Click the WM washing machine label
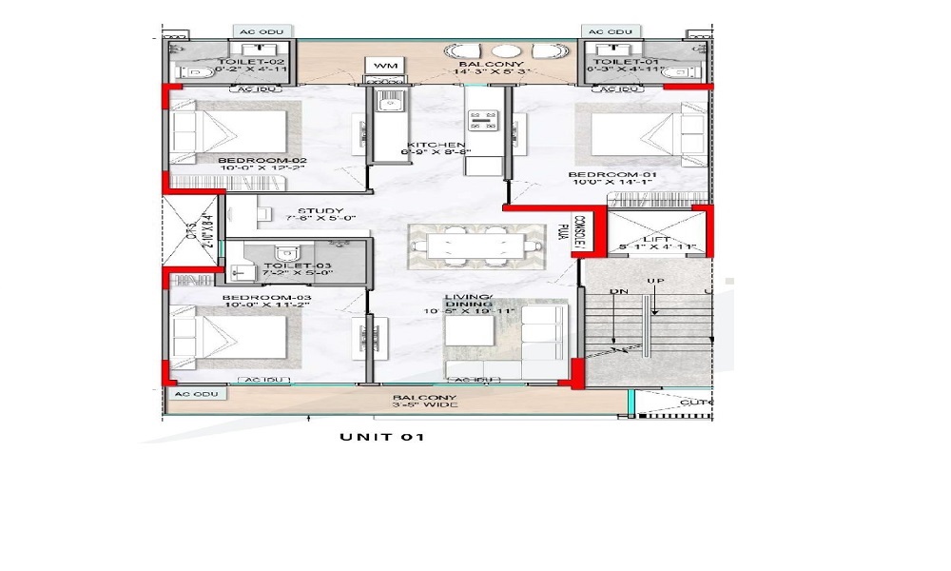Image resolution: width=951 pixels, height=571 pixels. coord(385,65)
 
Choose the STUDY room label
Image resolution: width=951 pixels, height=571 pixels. coord(320,211)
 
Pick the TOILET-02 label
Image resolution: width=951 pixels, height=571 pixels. coord(232,61)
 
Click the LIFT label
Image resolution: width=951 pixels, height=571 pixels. coord(657,239)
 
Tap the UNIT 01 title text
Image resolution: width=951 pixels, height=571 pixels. coord(380,438)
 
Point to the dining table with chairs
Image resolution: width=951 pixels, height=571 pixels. coord(465,246)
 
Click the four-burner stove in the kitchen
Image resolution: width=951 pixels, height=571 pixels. coord(483,121)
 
